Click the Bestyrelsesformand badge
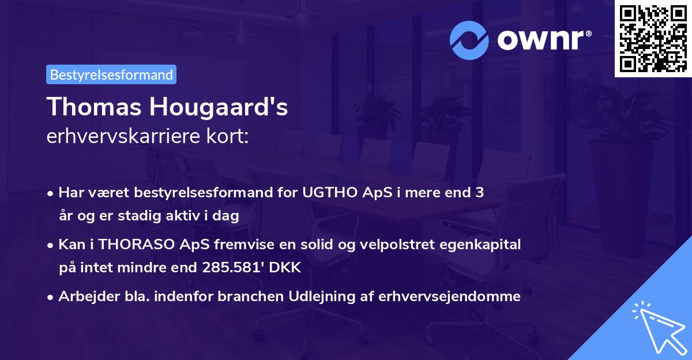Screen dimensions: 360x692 click(x=111, y=74)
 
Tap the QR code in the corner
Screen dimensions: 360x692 click(x=653, y=39)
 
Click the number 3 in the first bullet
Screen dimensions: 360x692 click(x=479, y=193)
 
